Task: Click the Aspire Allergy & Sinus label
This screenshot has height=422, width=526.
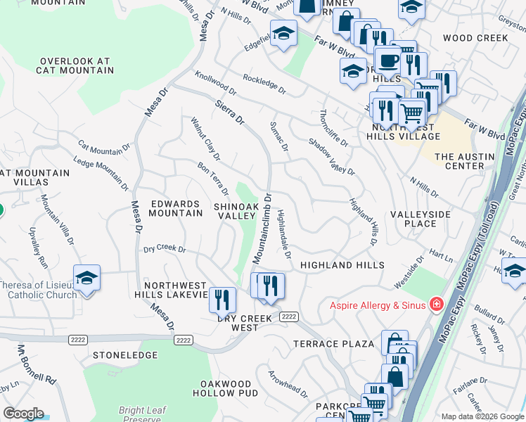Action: coord(379,305)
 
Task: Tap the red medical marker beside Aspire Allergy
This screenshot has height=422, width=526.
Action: coord(436,304)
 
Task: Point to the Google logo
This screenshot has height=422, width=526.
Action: coord(23,414)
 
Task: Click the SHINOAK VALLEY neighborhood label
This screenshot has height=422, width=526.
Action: coord(236,211)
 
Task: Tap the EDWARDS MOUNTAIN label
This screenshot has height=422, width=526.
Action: coord(175,208)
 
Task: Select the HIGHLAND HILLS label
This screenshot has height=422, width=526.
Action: coord(342,265)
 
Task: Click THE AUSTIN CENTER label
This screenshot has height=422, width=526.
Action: coord(461,161)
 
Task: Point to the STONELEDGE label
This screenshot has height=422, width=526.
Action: coord(125,356)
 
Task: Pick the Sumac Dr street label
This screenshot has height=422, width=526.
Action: coord(279,136)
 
